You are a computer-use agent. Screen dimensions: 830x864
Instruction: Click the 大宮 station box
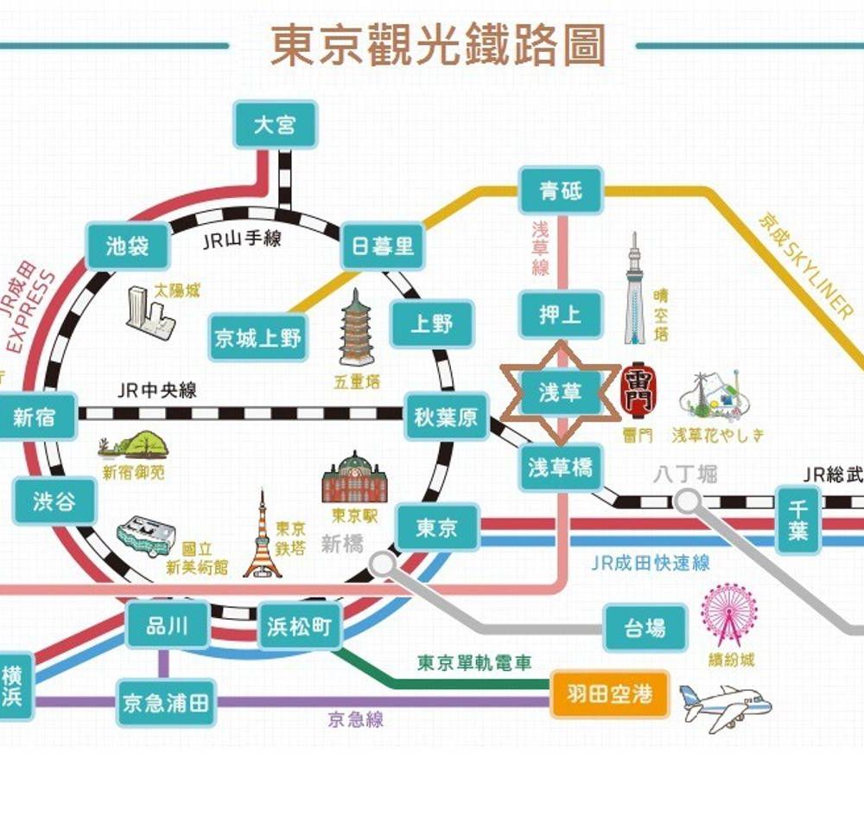(275, 125)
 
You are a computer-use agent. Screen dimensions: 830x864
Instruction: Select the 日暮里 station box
(383, 247)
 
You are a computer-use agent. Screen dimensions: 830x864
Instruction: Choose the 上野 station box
(431, 324)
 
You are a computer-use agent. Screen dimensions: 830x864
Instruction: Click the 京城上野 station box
(258, 338)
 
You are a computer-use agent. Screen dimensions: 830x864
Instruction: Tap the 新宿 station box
(35, 418)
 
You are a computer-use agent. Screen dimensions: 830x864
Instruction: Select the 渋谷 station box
(54, 501)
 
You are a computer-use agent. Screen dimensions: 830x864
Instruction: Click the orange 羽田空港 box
(610, 693)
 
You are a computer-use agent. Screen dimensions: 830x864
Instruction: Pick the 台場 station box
(645, 628)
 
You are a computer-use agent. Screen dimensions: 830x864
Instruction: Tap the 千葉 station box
(797, 520)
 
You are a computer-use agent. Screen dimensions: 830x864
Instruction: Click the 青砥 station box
(561, 191)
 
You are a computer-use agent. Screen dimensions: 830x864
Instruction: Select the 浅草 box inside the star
(561, 393)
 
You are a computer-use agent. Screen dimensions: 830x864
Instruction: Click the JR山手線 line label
(243, 239)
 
